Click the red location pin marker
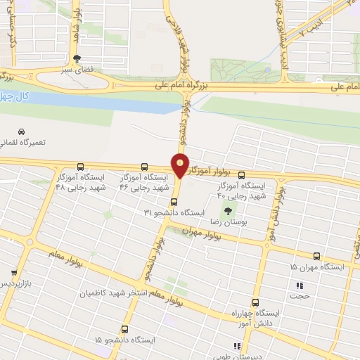[x=181, y=164]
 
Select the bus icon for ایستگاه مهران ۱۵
[x=316, y=257]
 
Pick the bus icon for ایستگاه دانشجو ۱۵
[x=124, y=328]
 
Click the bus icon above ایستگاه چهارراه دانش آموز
[x=255, y=300]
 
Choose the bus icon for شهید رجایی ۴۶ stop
[x=144, y=167]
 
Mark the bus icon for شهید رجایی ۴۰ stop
[x=242, y=175]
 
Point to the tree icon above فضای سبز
[x=77, y=59]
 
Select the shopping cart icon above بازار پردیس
[x=13, y=271]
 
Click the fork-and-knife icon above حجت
[x=300, y=285]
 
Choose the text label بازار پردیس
[x=15, y=283]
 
